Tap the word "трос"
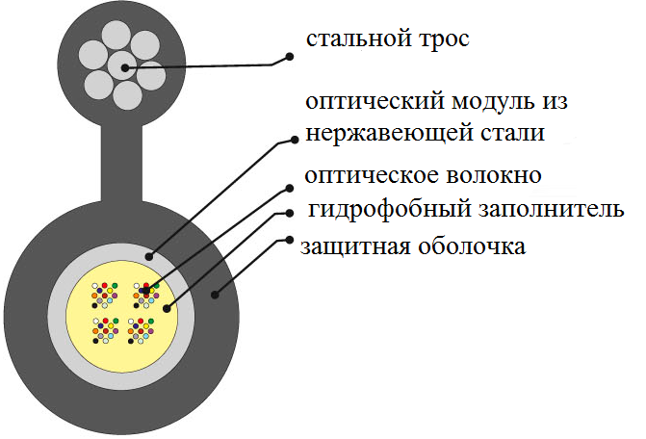click(440, 40)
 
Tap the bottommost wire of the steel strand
click(127, 94)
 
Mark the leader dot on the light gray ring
click(149, 256)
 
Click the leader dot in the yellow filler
click(167, 309)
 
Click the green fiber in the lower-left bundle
click(115, 320)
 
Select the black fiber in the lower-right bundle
click(132, 340)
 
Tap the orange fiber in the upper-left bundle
click(95, 296)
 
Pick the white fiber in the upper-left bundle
click(95, 286)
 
